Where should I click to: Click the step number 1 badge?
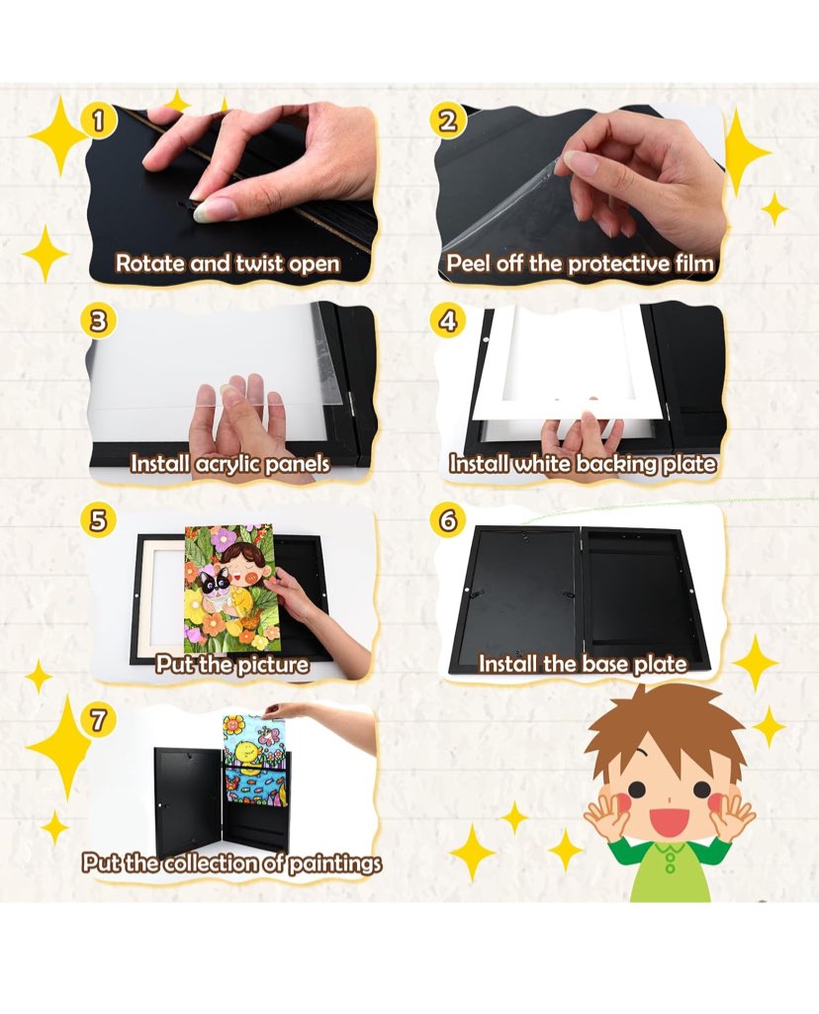[x=98, y=121]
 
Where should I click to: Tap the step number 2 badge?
[x=447, y=121]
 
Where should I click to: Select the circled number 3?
[x=98, y=321]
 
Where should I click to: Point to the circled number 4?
[x=447, y=321]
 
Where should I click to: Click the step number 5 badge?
[x=98, y=520]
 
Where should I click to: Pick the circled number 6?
[x=447, y=520]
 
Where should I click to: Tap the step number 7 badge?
[x=98, y=720]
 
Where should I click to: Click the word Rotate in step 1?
[x=150, y=264]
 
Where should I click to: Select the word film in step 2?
[x=694, y=264]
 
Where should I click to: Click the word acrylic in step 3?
[x=226, y=464]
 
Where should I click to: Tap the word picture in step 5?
[x=271, y=665]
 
